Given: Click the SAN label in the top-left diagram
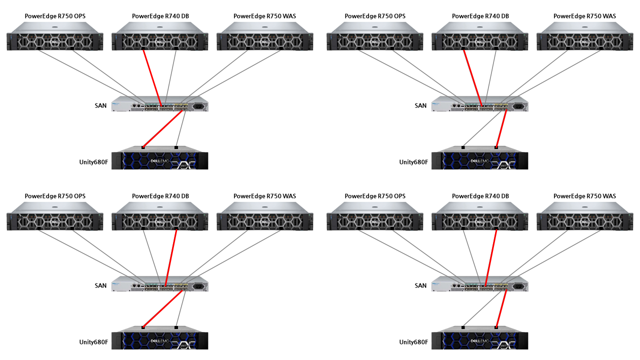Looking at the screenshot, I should point(100,105).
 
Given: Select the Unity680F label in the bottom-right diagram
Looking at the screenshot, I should point(413,342).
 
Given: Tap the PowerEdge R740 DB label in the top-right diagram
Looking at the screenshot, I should point(480,16).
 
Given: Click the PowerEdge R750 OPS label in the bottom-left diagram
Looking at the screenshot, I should point(55,196).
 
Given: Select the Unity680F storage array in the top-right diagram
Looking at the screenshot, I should point(479,159).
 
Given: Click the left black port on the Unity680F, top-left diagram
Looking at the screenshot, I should point(143,147).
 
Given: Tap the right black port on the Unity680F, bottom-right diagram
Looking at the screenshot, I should point(496,327).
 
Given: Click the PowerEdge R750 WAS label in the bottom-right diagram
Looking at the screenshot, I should point(584,196).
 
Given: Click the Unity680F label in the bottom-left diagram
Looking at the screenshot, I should point(93,342).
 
